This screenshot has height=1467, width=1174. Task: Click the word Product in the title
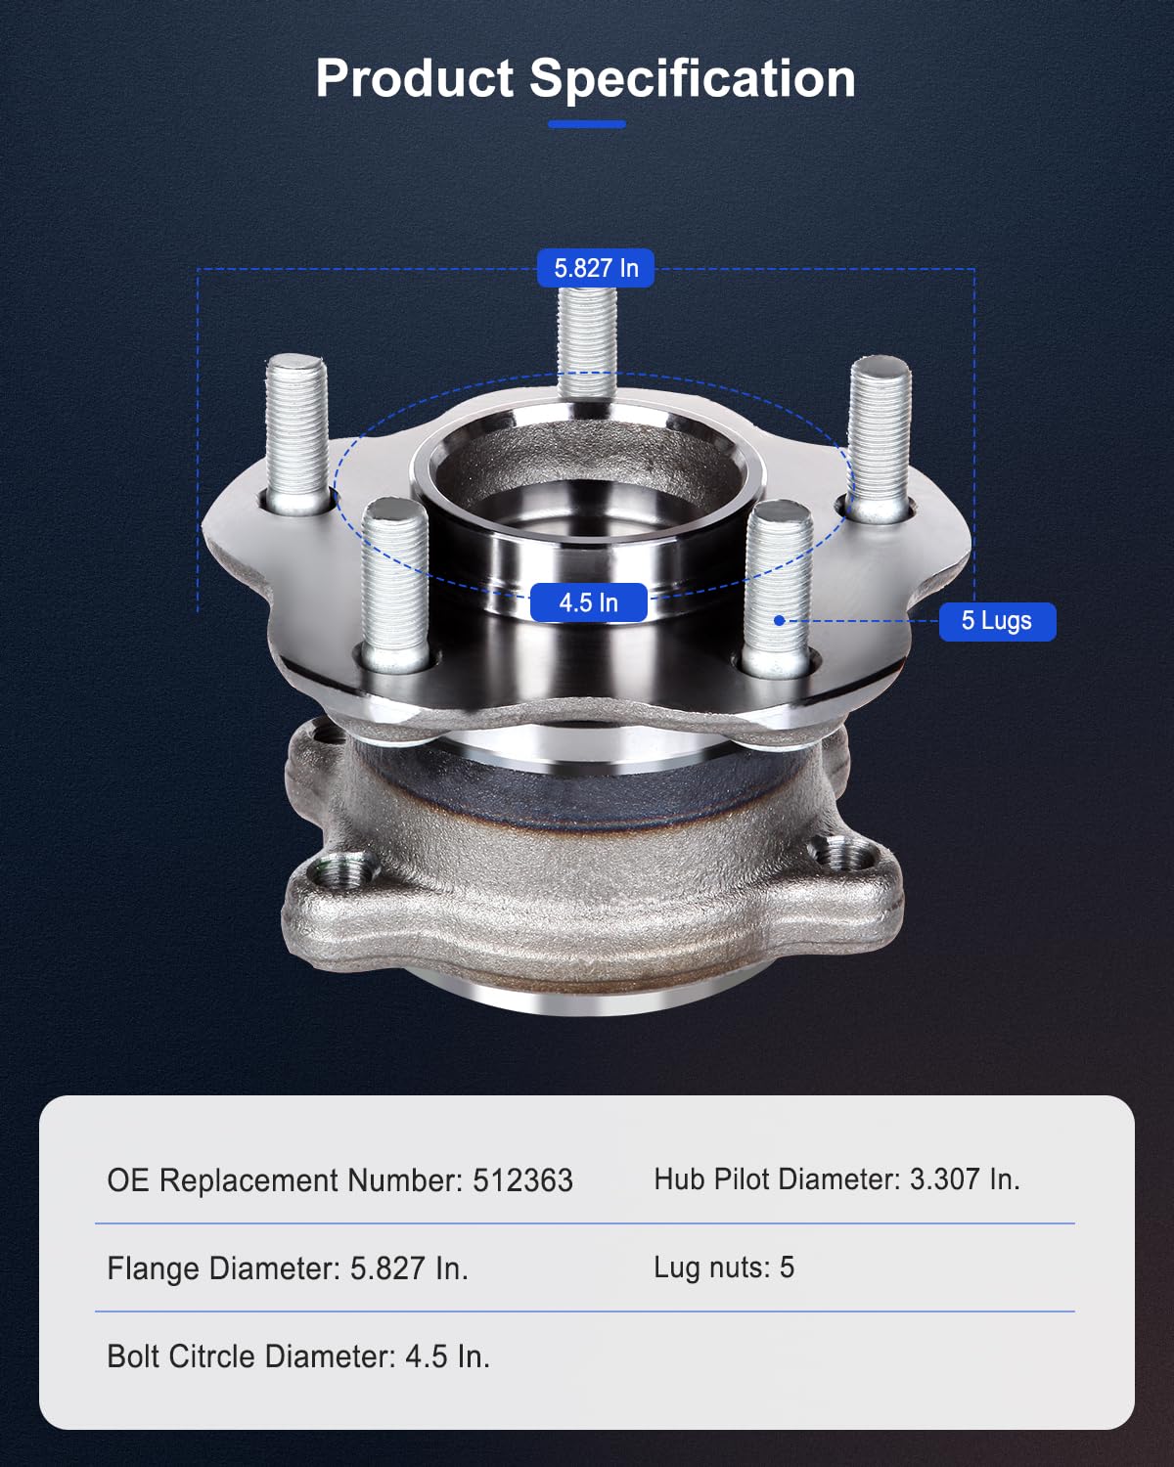(x=414, y=78)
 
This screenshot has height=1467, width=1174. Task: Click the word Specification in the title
(x=693, y=78)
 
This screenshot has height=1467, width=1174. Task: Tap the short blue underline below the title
(x=586, y=124)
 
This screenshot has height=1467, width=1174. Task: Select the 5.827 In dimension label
(x=595, y=268)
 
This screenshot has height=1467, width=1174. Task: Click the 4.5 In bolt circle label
(x=588, y=602)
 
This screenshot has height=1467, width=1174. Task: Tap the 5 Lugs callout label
(x=996, y=621)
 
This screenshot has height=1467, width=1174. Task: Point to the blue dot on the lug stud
(x=780, y=620)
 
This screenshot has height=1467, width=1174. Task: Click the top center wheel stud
(x=587, y=337)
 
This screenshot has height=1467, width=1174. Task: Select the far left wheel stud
(x=296, y=430)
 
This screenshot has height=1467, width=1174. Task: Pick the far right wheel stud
(x=880, y=435)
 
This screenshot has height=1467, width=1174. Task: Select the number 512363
(x=522, y=1180)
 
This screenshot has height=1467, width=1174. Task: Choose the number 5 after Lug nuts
(x=787, y=1267)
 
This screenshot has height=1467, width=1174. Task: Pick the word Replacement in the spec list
(x=248, y=1181)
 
